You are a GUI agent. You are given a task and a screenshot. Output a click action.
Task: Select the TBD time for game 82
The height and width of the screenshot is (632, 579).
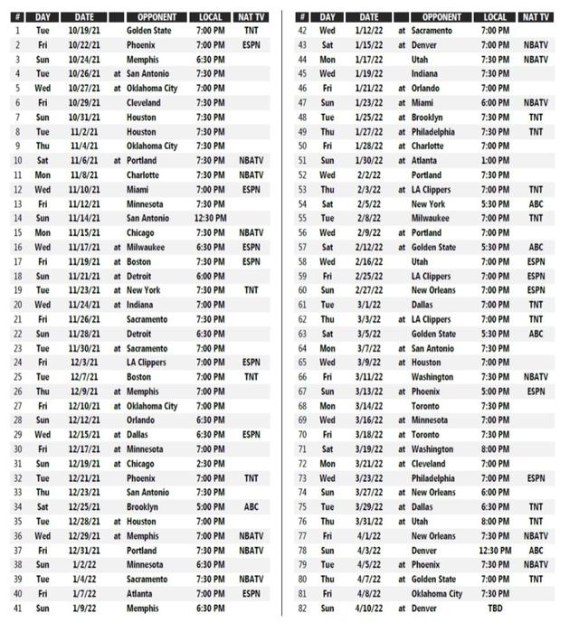point(495,608)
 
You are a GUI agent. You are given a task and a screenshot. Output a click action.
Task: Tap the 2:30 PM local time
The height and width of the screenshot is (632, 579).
point(211,464)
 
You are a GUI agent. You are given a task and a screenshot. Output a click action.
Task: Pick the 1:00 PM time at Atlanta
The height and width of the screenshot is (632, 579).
point(495,161)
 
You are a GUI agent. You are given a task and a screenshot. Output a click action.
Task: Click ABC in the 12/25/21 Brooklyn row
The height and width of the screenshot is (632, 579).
point(252,507)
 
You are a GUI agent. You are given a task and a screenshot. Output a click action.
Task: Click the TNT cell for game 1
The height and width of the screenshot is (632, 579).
point(252,31)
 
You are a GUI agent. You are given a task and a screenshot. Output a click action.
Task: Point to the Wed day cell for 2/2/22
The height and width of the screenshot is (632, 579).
point(327,175)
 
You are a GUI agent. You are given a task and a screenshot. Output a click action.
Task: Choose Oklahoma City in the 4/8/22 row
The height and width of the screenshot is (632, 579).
point(437,594)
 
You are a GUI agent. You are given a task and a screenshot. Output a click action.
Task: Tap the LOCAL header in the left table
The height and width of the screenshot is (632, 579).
point(211,17)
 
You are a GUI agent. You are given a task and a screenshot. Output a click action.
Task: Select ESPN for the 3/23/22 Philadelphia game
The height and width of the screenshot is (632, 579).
point(536,478)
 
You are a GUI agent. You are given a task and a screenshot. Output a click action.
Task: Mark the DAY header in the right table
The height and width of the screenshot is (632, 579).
point(327,17)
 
